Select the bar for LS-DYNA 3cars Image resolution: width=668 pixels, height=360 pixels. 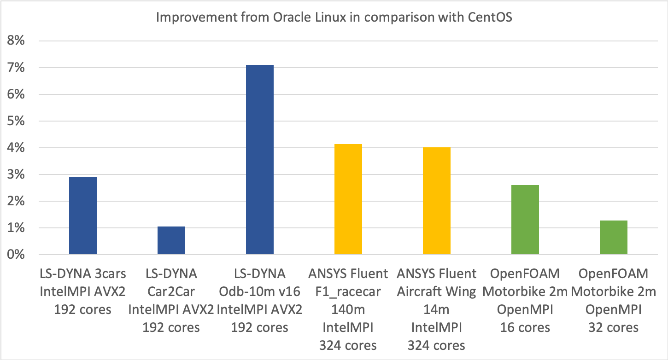click(83, 215)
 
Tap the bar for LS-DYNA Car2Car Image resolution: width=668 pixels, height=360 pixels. click(171, 240)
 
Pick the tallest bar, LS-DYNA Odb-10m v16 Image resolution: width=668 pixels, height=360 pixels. click(260, 160)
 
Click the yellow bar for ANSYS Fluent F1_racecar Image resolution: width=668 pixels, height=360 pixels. click(348, 199)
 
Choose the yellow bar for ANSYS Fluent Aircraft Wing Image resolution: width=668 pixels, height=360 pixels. click(437, 201)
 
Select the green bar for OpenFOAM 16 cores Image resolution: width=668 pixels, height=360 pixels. click(525, 220)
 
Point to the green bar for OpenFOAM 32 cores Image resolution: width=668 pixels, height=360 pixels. click(614, 238)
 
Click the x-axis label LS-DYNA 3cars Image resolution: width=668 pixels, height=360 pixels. click(83, 274)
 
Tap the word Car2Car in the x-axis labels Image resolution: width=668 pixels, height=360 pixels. click(171, 292)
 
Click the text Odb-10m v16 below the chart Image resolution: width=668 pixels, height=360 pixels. click(260, 292)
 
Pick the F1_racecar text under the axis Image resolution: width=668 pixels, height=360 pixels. click(348, 292)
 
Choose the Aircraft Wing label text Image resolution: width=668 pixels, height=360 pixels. click(437, 292)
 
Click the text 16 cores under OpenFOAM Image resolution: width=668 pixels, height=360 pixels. click(525, 327)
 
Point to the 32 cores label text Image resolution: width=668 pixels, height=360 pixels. click(614, 327)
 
